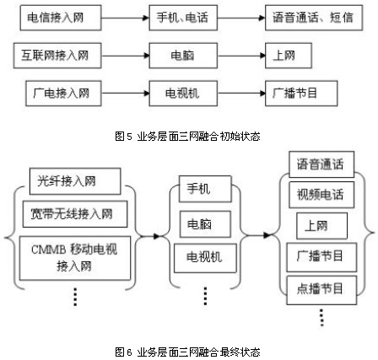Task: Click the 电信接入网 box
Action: click(x=61, y=18)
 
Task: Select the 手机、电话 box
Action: click(x=183, y=18)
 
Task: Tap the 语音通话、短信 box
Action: click(x=314, y=18)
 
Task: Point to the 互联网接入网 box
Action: click(x=57, y=56)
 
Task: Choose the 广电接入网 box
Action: click(x=63, y=94)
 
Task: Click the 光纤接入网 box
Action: click(x=75, y=181)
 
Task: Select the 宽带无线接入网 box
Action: click(x=75, y=214)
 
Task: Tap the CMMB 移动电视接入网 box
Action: click(x=75, y=258)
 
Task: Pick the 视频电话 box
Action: click(x=321, y=195)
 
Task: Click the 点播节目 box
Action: click(x=321, y=290)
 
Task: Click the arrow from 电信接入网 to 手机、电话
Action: click(x=125, y=18)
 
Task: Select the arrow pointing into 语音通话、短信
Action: click(x=241, y=18)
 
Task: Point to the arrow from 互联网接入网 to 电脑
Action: click(x=125, y=56)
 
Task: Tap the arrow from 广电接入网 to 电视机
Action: click(x=125, y=94)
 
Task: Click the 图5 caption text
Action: click(x=187, y=137)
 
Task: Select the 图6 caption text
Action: click(x=187, y=352)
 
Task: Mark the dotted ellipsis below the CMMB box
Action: click(x=75, y=297)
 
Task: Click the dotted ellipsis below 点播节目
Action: click(x=321, y=318)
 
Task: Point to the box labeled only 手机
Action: click(x=205, y=189)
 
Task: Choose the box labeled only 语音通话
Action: click(x=321, y=164)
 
